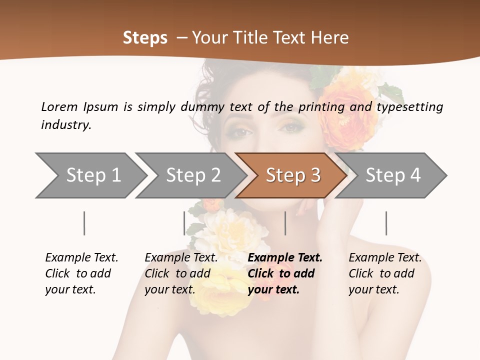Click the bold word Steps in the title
pyautogui.click(x=145, y=38)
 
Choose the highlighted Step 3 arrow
pyautogui.click(x=292, y=175)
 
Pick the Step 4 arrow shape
pyautogui.click(x=392, y=175)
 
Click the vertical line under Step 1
pyautogui.click(x=84, y=223)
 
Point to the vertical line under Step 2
pyautogui.click(x=184, y=223)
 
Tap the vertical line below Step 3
pyautogui.click(x=285, y=223)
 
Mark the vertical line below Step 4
pyautogui.click(x=386, y=223)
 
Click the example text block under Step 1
pyautogui.click(x=81, y=273)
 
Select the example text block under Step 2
pyautogui.click(x=181, y=273)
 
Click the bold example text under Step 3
pyautogui.click(x=285, y=273)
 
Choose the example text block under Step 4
pyautogui.click(x=385, y=273)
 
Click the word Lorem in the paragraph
pyautogui.click(x=59, y=106)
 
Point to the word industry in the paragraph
pyautogui.click(x=66, y=124)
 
